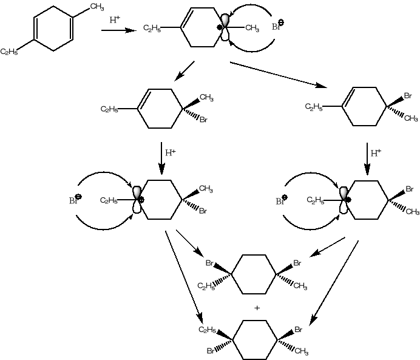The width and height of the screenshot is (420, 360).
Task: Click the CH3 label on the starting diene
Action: [97, 7]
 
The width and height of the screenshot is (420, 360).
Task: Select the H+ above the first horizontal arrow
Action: [115, 20]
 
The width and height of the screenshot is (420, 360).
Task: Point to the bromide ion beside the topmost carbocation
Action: [277, 26]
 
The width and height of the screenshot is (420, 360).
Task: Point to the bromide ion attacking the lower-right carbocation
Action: [281, 200]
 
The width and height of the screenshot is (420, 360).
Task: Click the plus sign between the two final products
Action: [257, 308]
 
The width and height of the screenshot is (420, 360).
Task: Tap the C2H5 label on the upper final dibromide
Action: [206, 287]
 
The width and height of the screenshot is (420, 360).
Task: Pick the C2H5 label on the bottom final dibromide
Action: [208, 330]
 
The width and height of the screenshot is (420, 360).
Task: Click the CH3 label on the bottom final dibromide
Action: [302, 351]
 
